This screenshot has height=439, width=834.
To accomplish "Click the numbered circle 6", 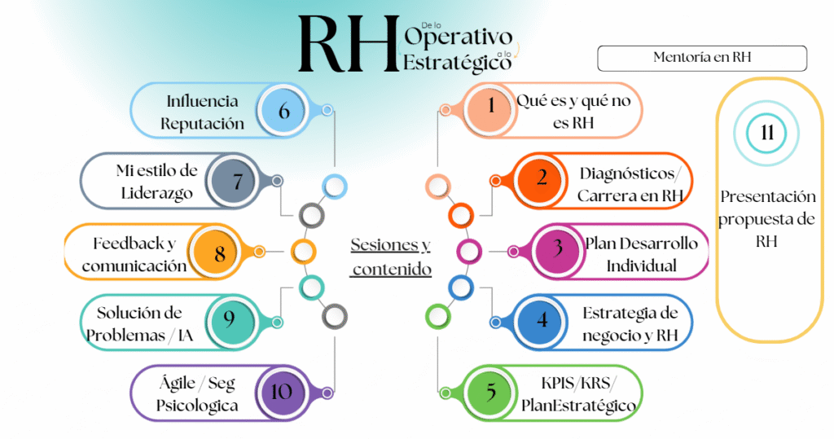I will tap(283, 110).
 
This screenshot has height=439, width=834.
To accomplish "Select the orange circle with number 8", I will tap(220, 252).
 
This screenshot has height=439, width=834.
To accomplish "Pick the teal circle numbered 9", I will tap(230, 321).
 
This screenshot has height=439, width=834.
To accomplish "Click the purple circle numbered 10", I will tap(281, 391).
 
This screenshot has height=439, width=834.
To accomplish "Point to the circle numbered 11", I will tap(766, 133).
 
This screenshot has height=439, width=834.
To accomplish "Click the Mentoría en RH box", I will tap(701, 58).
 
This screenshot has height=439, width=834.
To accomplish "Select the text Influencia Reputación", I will tap(202, 112).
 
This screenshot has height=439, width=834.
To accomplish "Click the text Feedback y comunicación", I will tap(134, 254).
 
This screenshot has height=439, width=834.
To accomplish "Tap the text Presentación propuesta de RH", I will tap(766, 217).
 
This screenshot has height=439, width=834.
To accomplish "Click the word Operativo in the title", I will tap(458, 37).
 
